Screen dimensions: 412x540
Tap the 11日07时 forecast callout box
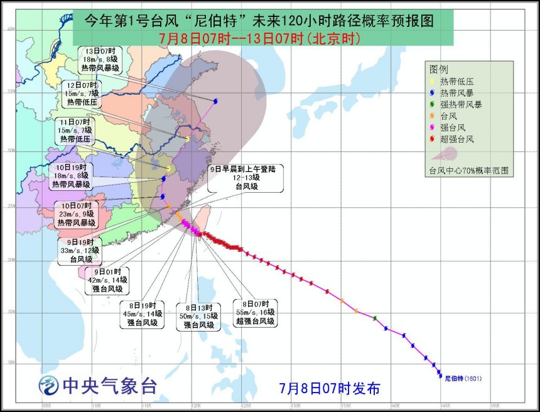75,130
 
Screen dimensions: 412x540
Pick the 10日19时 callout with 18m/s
71,176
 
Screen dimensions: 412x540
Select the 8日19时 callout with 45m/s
141,314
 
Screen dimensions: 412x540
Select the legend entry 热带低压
456,80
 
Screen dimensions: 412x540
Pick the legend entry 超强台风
456,138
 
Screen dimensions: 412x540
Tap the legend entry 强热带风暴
460,104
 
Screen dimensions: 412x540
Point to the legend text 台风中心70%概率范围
468,170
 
